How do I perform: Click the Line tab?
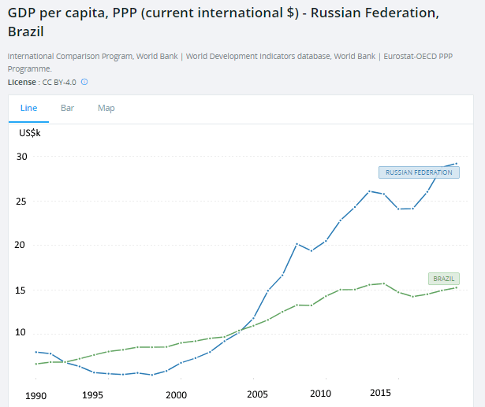(28, 108)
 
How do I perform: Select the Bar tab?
(68, 108)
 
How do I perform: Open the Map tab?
(106, 108)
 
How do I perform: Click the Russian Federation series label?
(419, 172)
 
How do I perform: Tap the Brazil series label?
(444, 279)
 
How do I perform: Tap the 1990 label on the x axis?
(36, 395)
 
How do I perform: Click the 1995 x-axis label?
(93, 395)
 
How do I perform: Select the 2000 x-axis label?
(177, 395)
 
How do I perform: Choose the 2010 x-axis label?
(320, 394)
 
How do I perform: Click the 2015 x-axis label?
(381, 394)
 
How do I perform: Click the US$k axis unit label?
(31, 132)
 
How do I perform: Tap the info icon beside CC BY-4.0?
(84, 81)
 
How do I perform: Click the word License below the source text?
(21, 81)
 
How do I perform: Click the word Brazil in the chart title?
(26, 32)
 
